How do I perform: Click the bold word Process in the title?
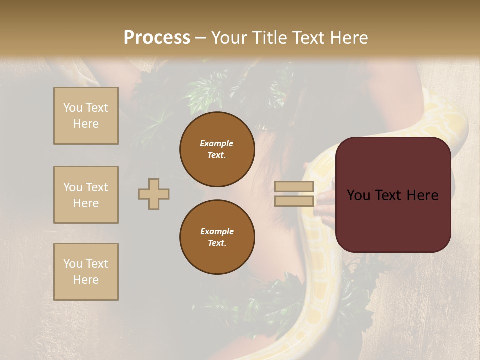(157, 38)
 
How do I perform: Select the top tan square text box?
(86, 116)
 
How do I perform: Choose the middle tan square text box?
(86, 195)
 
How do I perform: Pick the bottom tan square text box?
(86, 272)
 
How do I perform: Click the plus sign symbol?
(154, 194)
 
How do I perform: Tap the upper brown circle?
(217, 149)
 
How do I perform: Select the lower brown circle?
(217, 237)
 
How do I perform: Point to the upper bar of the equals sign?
(294, 186)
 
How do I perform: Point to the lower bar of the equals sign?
(294, 201)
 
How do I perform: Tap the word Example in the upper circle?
(216, 143)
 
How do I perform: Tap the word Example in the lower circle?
(217, 231)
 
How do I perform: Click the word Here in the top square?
(86, 124)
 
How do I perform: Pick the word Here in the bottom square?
(86, 280)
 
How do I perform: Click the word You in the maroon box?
(358, 195)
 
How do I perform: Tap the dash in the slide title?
(200, 38)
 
